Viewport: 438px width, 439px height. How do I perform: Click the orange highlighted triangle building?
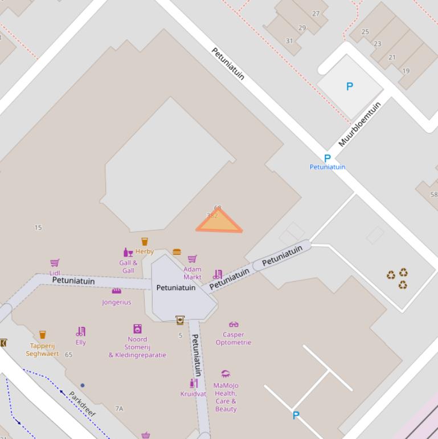pos(219,223)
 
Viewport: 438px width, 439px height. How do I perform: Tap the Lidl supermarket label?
pos(55,273)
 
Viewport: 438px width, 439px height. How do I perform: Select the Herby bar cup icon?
pos(144,242)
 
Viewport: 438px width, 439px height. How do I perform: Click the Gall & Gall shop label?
pos(128,266)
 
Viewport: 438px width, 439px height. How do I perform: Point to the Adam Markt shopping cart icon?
pos(193,259)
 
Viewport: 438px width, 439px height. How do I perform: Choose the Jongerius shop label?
pos(117,302)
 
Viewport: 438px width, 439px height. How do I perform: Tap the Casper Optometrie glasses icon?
pos(234,325)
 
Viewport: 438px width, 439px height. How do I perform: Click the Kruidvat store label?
pos(193,394)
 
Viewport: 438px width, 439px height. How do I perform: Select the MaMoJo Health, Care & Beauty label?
pos(226,397)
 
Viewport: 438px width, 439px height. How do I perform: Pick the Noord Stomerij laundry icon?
pos(137,328)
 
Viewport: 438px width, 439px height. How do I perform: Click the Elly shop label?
pos(81,342)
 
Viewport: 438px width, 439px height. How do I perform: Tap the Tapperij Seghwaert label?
pos(42,349)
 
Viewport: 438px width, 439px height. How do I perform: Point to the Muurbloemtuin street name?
pos(359,124)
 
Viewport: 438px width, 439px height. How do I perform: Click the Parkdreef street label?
pos(82,403)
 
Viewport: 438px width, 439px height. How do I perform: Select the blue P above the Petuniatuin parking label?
pos(327,158)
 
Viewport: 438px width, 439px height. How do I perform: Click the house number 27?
pos(316,14)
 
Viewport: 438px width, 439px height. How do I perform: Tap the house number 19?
pos(406,71)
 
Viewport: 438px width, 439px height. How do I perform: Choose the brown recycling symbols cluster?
pos(398,278)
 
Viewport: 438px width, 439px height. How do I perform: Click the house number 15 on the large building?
pos(38,227)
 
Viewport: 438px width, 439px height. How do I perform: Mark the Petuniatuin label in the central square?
pos(176,287)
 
